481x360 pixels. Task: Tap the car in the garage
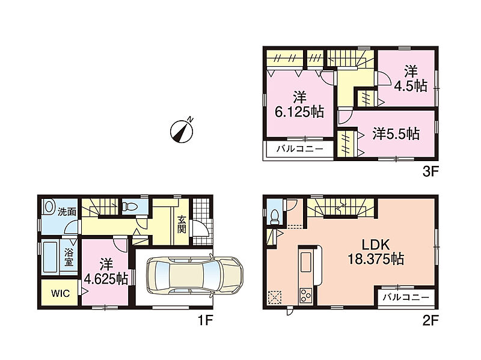195,275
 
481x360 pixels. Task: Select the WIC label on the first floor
61,293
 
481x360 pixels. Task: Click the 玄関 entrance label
182,224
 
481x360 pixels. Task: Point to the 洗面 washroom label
67,212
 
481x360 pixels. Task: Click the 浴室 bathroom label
69,257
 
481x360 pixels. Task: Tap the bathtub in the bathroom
49,257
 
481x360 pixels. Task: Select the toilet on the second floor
275,216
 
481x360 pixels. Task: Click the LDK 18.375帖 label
375,252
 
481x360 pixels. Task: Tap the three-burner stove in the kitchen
305,296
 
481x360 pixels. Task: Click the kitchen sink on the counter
306,261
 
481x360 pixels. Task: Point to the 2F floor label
430,321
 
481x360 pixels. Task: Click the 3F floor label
431,172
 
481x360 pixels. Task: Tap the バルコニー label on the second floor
406,297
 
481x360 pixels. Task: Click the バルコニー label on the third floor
299,149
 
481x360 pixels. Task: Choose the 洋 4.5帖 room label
411,79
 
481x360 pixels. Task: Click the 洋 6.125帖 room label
299,105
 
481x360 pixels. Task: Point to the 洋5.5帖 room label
396,134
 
